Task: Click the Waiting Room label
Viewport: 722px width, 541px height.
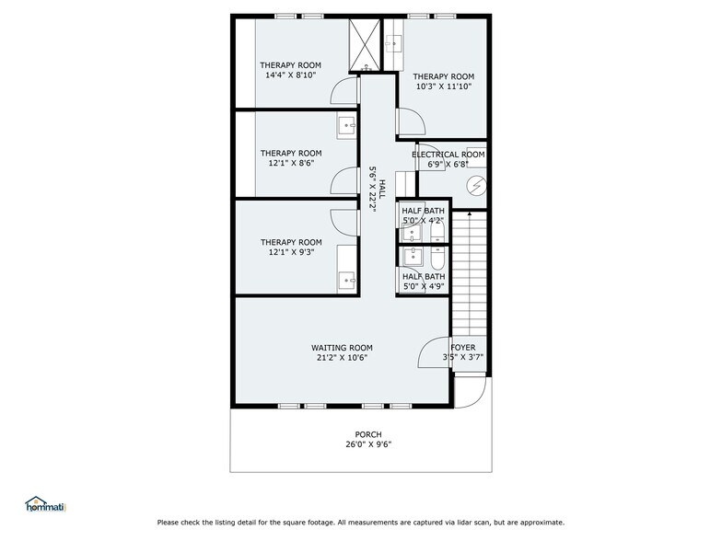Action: pos(342,348)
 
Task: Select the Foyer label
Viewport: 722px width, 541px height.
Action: pos(462,347)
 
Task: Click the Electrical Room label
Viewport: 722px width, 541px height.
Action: pos(448,155)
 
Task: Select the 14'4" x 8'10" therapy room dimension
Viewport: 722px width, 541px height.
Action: pos(290,76)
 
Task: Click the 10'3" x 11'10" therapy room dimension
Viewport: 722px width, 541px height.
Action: pos(443,87)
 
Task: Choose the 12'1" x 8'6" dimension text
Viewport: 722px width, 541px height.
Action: pos(290,164)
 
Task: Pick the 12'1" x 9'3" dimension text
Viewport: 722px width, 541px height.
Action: pos(290,252)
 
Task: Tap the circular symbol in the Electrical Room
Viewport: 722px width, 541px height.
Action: pos(476,184)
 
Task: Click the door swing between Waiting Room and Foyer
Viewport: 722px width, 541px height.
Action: pos(434,352)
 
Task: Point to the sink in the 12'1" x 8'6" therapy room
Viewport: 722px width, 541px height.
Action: pos(347,125)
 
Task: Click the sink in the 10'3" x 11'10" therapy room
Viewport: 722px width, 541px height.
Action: pos(394,42)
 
